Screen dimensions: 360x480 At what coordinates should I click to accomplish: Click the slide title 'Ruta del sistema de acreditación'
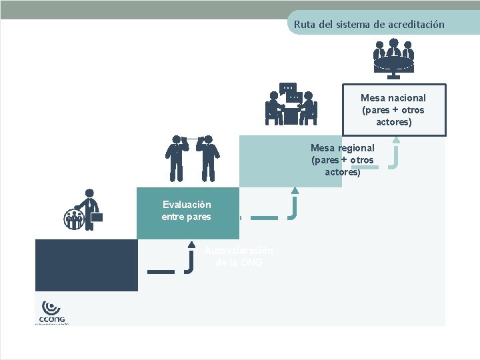coord(369,25)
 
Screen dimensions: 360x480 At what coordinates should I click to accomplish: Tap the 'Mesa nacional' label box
coord(393,110)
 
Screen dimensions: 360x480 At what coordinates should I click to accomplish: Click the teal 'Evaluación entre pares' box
coord(187,212)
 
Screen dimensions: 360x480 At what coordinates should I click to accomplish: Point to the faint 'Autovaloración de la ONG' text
coord(239,257)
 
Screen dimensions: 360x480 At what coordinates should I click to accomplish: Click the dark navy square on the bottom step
coord(87,265)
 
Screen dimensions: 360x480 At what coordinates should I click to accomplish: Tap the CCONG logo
coord(52,312)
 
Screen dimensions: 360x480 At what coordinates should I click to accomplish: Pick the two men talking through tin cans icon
coord(192,157)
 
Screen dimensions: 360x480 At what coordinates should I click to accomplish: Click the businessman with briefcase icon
coord(83,210)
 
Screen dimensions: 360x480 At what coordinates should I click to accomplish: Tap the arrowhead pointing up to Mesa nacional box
coord(396,140)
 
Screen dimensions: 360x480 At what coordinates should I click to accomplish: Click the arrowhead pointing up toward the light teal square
coord(295,191)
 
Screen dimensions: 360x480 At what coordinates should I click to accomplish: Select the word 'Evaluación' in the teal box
coord(187,205)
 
